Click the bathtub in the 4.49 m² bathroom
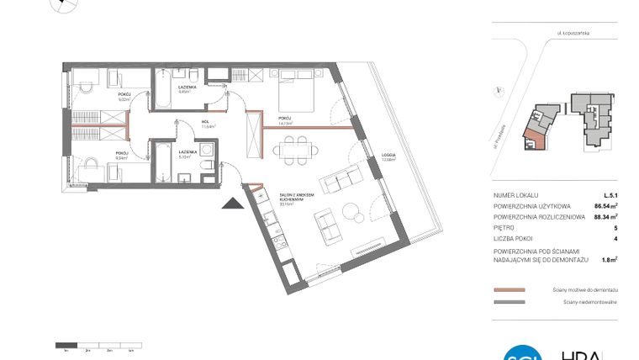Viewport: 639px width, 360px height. [x=162, y=99]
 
